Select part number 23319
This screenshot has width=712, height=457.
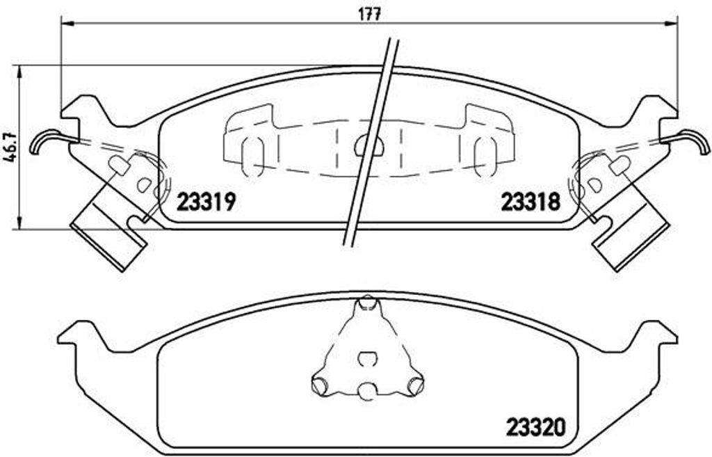point(206,202)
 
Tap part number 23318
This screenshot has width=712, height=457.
point(531,202)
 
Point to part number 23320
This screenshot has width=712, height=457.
point(536,426)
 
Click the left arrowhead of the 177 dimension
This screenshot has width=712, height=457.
point(66,23)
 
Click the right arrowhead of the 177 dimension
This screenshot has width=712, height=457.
point(671,23)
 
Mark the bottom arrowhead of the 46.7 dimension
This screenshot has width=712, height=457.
point(19,223)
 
